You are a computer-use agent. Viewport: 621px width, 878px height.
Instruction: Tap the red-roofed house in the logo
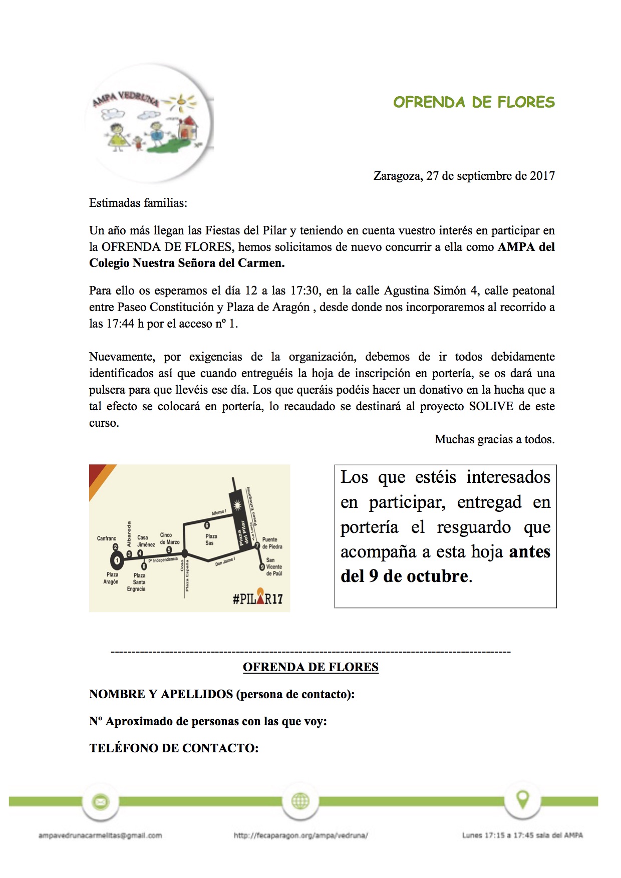(x=188, y=129)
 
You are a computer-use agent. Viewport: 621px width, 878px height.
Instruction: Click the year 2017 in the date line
(x=542, y=176)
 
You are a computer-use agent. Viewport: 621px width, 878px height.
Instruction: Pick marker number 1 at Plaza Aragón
(x=117, y=560)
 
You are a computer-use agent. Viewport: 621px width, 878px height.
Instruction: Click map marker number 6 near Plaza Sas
(x=207, y=525)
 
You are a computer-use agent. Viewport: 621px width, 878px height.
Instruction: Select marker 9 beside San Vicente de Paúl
(x=262, y=567)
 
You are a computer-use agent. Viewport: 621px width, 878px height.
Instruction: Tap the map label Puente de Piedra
(x=272, y=543)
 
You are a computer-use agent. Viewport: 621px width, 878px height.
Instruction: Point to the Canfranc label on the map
(x=106, y=538)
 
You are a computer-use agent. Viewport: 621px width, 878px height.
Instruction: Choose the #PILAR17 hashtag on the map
(x=257, y=598)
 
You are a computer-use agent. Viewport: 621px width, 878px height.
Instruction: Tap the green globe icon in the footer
(x=300, y=801)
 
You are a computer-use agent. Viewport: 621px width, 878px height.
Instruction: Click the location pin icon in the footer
(x=523, y=799)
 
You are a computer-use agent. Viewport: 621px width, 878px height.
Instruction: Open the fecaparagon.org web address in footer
(x=300, y=835)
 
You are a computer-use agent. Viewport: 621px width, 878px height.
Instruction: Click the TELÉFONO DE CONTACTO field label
(x=174, y=748)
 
